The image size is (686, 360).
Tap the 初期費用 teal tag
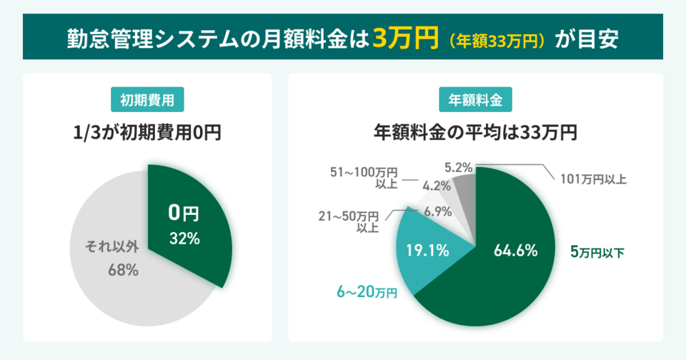148,100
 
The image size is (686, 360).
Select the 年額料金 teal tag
475,100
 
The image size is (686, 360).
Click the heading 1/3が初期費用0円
148,132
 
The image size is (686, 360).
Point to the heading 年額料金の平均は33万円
475,132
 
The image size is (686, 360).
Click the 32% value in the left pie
184,239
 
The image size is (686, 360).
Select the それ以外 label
113,247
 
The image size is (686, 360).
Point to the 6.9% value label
437,211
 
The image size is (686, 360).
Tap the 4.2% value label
436,186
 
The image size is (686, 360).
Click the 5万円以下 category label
597,251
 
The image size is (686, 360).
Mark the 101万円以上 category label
592,179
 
